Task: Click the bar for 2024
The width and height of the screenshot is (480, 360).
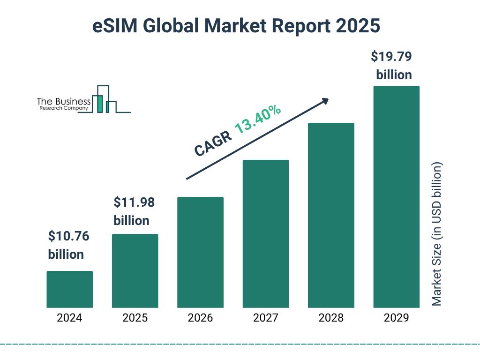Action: click(x=69, y=289)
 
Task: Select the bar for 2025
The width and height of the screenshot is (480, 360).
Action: click(x=135, y=270)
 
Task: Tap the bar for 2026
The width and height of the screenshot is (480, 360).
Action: click(x=200, y=252)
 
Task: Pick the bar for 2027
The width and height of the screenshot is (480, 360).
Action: click(x=265, y=233)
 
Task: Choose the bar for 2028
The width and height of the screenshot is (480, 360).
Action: click(x=331, y=215)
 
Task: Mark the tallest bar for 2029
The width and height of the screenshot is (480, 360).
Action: click(x=396, y=197)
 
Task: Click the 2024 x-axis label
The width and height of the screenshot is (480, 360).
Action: click(x=69, y=318)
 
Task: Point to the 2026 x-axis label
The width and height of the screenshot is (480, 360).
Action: click(x=200, y=318)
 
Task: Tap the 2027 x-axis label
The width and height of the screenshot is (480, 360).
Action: click(x=265, y=318)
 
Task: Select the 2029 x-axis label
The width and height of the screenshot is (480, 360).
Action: click(x=396, y=318)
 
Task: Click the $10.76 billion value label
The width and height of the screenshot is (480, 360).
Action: click(x=68, y=245)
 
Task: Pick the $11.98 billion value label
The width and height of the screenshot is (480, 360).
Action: click(x=134, y=211)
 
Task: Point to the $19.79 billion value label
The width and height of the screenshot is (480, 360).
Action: click(x=391, y=66)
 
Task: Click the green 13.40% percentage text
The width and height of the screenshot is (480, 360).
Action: click(x=258, y=120)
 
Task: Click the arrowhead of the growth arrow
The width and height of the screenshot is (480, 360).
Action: click(x=325, y=101)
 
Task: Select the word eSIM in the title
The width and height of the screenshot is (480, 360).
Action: click(x=116, y=26)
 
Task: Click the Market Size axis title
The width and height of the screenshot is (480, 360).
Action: click(x=437, y=234)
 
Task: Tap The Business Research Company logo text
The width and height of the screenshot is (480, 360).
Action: click(x=64, y=105)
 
